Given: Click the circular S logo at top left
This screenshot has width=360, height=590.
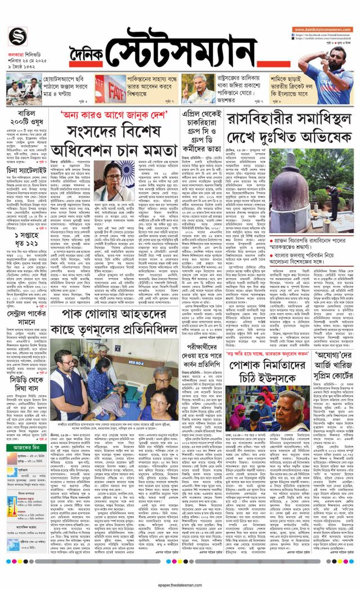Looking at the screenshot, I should (x=18, y=37).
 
